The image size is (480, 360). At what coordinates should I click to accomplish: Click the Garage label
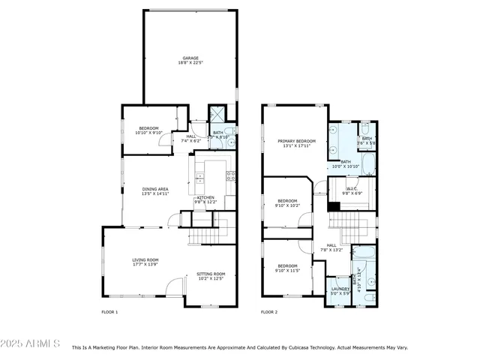(x=190, y=58)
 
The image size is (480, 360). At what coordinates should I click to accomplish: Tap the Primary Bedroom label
(x=296, y=141)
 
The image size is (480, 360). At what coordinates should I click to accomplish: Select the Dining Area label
(x=155, y=189)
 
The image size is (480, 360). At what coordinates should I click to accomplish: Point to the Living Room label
(x=145, y=259)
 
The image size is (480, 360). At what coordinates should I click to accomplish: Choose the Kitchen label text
(x=205, y=197)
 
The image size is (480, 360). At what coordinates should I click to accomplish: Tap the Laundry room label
(x=340, y=288)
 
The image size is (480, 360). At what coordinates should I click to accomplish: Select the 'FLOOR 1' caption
(x=109, y=311)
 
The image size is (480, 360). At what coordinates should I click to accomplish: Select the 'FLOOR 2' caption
(x=269, y=311)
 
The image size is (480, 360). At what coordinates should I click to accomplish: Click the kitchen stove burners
(x=231, y=177)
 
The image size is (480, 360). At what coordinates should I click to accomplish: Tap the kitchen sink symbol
(x=199, y=178)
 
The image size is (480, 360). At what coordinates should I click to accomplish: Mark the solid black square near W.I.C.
(x=333, y=206)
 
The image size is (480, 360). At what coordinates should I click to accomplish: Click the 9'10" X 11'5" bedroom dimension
(x=288, y=271)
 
